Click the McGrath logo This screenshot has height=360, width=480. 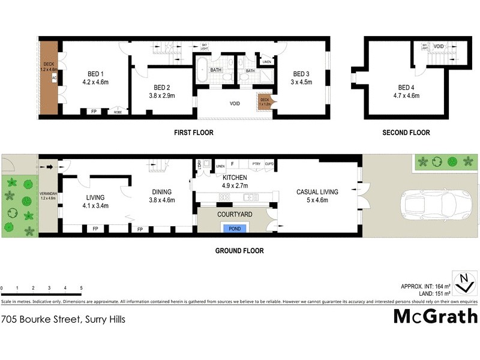click(x=435, y=316)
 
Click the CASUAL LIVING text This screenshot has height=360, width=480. click(x=317, y=192)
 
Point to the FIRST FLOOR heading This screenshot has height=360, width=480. click(x=194, y=133)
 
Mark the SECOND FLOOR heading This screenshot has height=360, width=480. click(x=406, y=133)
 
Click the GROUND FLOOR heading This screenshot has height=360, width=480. click(x=239, y=251)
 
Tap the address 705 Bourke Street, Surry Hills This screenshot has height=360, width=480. click(x=63, y=319)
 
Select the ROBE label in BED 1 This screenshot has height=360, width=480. click(x=118, y=112)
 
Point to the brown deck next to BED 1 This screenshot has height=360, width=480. click(x=49, y=77)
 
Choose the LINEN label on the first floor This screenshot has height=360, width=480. click(x=267, y=62)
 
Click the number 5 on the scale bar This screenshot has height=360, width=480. click(x=81, y=288)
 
